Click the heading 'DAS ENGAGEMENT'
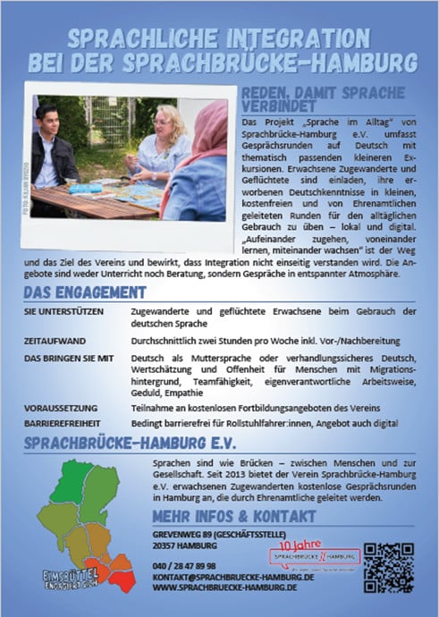point(85,292)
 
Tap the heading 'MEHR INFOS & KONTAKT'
point(234,517)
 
